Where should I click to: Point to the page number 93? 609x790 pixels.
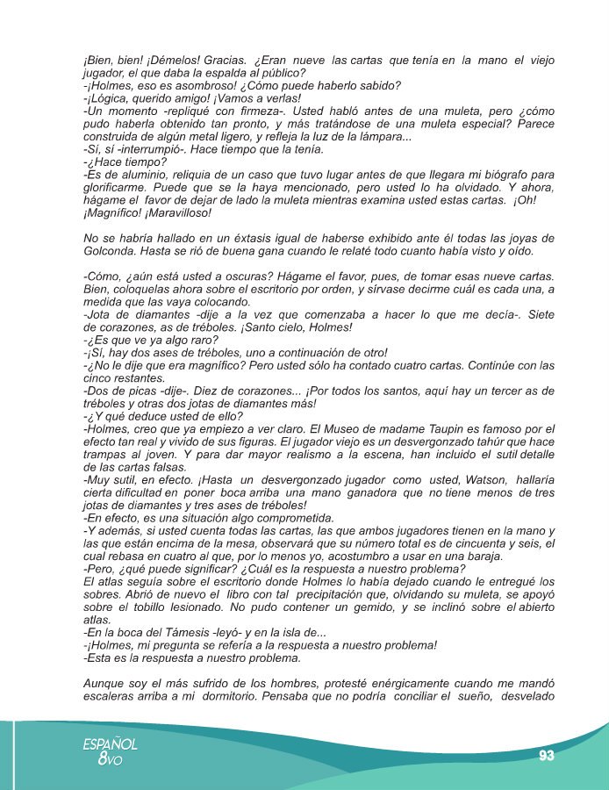[548, 755]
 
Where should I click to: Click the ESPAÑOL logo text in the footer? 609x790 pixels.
[111, 743]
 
